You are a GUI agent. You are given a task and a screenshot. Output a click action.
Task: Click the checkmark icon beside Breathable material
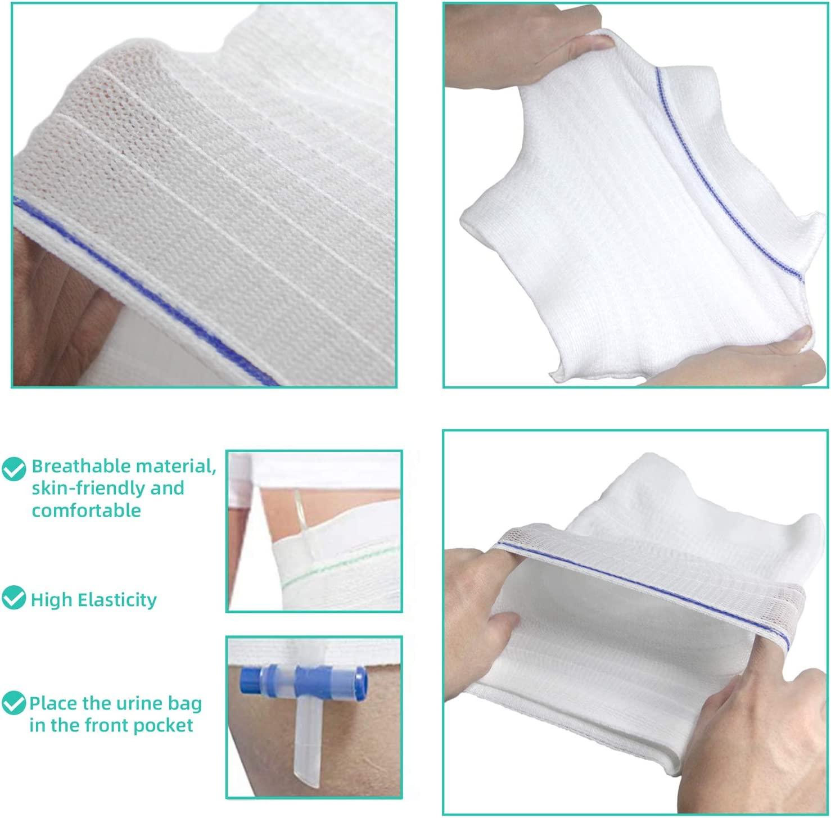13,468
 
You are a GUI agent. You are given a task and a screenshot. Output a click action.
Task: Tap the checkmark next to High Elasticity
13,598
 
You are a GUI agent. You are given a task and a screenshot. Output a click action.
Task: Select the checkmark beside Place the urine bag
13,703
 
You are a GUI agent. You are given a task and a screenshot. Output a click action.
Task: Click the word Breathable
83,466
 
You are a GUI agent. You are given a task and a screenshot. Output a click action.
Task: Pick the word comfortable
86,510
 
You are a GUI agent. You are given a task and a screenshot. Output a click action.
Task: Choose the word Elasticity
117,600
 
